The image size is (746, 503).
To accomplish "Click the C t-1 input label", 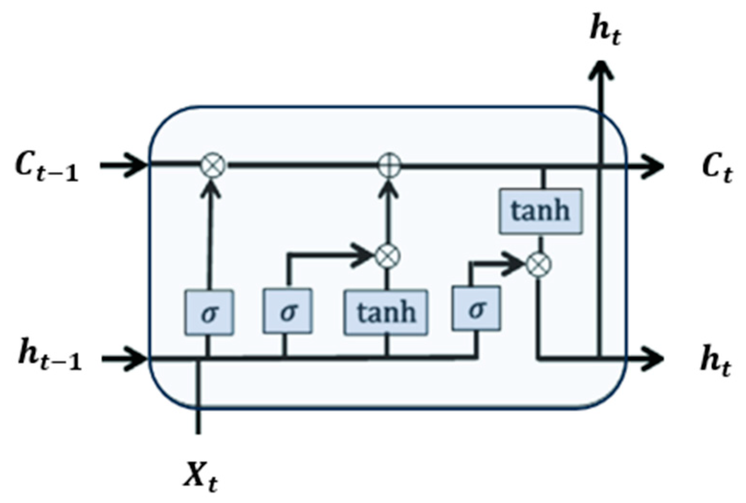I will point(46,167).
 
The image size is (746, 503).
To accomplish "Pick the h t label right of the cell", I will point(716,361).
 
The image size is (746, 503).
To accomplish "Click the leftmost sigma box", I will point(209,313).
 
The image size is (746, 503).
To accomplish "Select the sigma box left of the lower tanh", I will point(287,311).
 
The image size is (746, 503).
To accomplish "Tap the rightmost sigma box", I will point(476,309).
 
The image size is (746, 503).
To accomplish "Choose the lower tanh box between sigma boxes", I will point(386,312).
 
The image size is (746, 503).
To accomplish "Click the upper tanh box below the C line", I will point(540,211).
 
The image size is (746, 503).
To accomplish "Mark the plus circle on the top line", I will point(389,166).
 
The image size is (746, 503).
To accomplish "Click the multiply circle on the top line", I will point(212,166).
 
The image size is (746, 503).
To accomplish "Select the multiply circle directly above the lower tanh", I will point(387,256).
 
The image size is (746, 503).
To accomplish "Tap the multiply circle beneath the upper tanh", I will point(539,264).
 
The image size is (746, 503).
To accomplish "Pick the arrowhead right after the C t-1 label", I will point(138,166).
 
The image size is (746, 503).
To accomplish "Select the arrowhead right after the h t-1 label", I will point(138,358).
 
